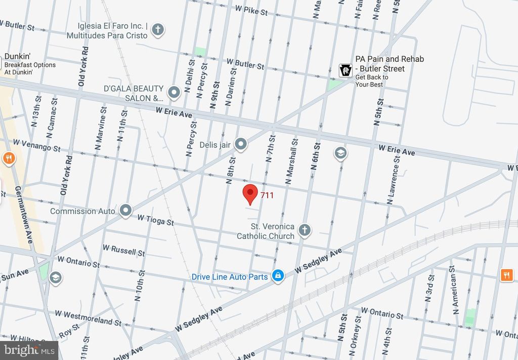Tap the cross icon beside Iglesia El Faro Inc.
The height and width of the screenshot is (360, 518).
[158, 30]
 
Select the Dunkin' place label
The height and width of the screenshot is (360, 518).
[15, 57]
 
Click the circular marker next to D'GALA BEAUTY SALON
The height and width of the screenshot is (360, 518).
[174, 92]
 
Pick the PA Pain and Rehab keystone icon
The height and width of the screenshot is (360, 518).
[346, 70]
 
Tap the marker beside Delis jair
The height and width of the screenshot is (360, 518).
[241, 145]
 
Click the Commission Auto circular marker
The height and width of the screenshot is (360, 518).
[125, 211]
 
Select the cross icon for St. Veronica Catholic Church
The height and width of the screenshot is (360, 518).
[304, 230]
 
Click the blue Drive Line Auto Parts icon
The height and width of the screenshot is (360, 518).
[277, 275]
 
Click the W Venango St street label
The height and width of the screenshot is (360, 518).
[36, 146]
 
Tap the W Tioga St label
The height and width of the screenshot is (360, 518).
[155, 220]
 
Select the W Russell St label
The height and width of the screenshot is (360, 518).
[123, 250]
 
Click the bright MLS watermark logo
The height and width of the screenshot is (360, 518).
[29, 350]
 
